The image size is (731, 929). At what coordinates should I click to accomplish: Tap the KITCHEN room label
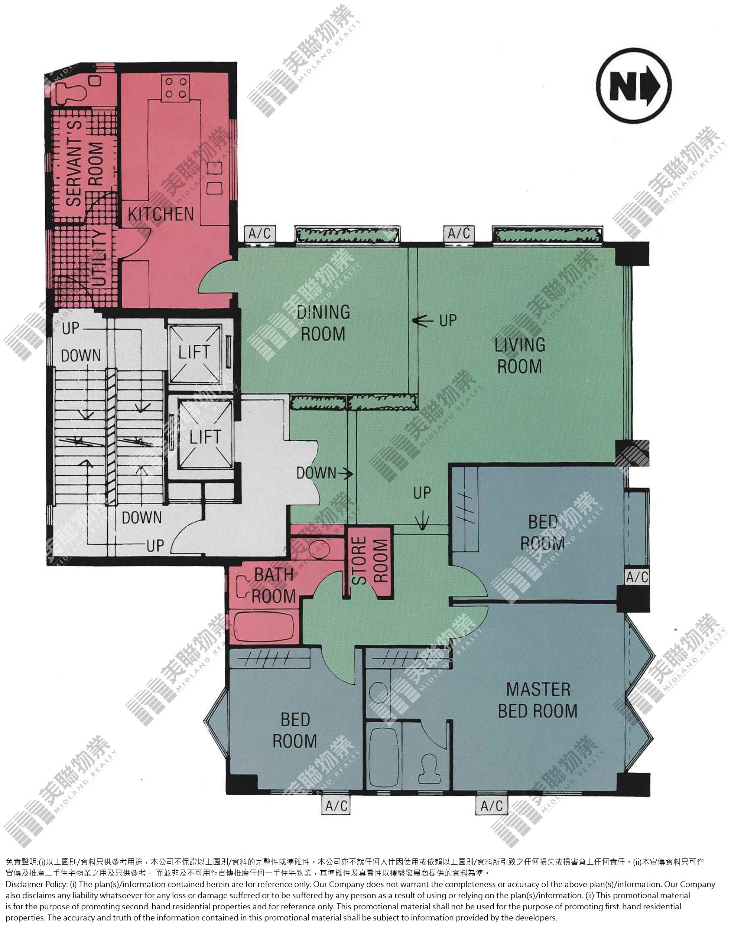(161, 214)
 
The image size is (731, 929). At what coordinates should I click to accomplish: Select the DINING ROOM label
(323, 323)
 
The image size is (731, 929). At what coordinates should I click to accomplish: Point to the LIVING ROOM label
(520, 355)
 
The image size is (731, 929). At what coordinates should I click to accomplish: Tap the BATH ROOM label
(273, 585)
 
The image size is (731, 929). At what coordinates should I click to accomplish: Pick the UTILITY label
(98, 258)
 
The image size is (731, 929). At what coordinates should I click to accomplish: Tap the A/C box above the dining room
(260, 234)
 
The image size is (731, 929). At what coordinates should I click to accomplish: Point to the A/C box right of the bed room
(637, 577)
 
